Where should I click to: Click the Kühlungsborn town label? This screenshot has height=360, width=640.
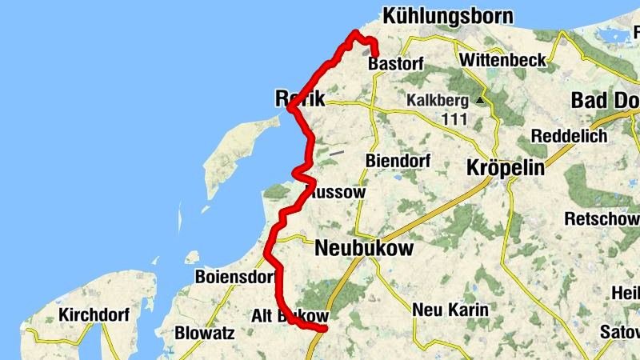[447, 16]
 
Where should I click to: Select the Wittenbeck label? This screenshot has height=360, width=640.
[503, 60]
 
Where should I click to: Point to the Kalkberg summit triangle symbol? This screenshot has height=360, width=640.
[480, 101]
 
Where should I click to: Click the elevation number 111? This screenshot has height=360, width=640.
[454, 118]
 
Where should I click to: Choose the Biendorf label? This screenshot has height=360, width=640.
[398, 161]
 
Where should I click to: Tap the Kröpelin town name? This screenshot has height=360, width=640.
[505, 169]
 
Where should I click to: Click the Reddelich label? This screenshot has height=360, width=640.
[569, 136]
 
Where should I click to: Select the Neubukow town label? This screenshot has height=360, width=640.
[364, 249]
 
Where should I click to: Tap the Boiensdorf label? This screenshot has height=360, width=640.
[234, 278]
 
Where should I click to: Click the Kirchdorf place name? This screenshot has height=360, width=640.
[94, 315]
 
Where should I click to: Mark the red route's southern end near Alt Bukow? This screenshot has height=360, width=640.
[326, 328]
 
